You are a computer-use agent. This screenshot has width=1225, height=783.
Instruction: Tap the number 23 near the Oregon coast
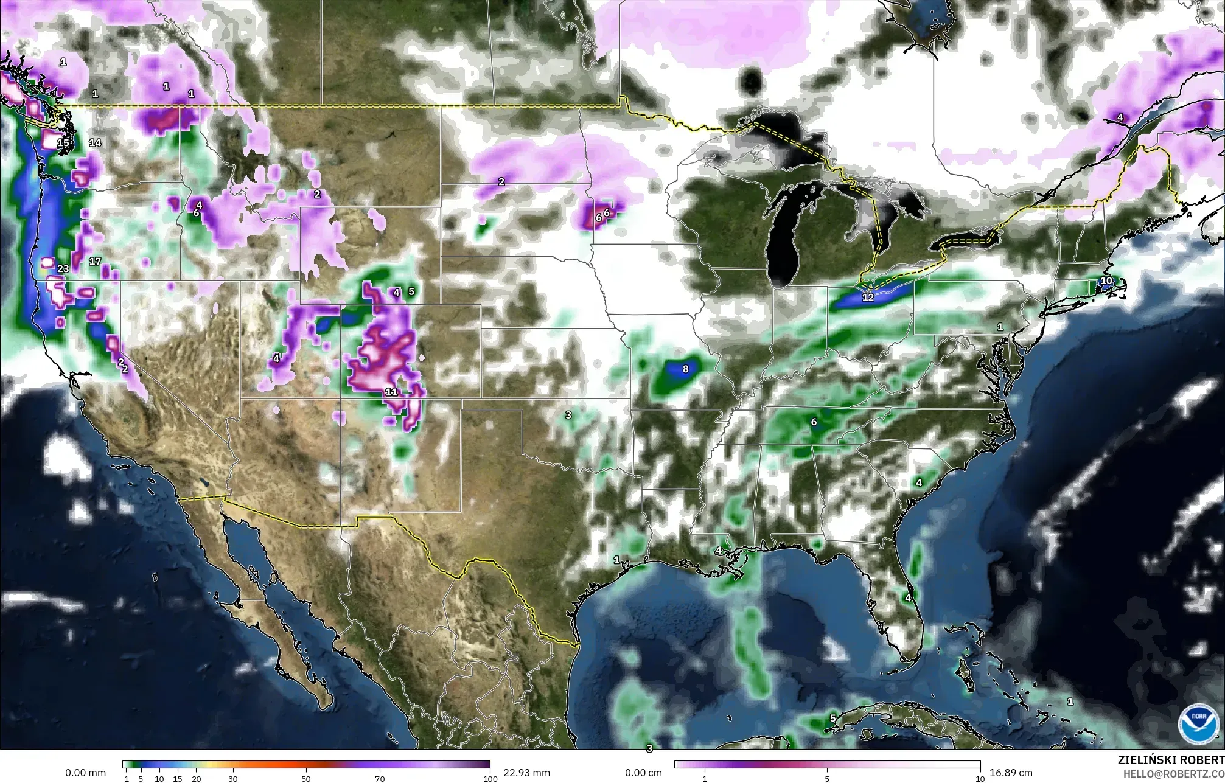pos(63,269)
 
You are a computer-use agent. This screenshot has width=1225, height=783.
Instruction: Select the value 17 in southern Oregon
pos(95,262)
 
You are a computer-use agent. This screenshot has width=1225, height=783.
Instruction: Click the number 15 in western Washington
pos(63,144)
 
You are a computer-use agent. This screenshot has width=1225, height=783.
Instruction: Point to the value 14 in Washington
pos(95,143)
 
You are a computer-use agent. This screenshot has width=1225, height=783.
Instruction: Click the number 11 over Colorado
pos(391,392)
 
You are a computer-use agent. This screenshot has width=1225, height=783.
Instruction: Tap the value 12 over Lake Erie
pos(868,298)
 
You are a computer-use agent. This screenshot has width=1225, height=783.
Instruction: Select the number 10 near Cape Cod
pos(1106,281)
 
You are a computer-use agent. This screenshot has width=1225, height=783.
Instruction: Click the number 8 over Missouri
pos(685,369)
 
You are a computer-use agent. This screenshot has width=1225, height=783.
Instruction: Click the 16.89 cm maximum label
pos(1011,773)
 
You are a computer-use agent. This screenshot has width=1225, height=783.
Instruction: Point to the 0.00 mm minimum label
pos(85,773)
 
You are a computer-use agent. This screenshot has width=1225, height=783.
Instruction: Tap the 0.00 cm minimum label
pos(643,773)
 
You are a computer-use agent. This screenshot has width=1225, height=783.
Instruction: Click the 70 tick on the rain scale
pos(380,779)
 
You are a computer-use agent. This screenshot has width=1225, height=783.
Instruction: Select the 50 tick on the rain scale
pos(306,779)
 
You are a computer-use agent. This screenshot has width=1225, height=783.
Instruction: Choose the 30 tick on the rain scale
pos(232,779)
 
